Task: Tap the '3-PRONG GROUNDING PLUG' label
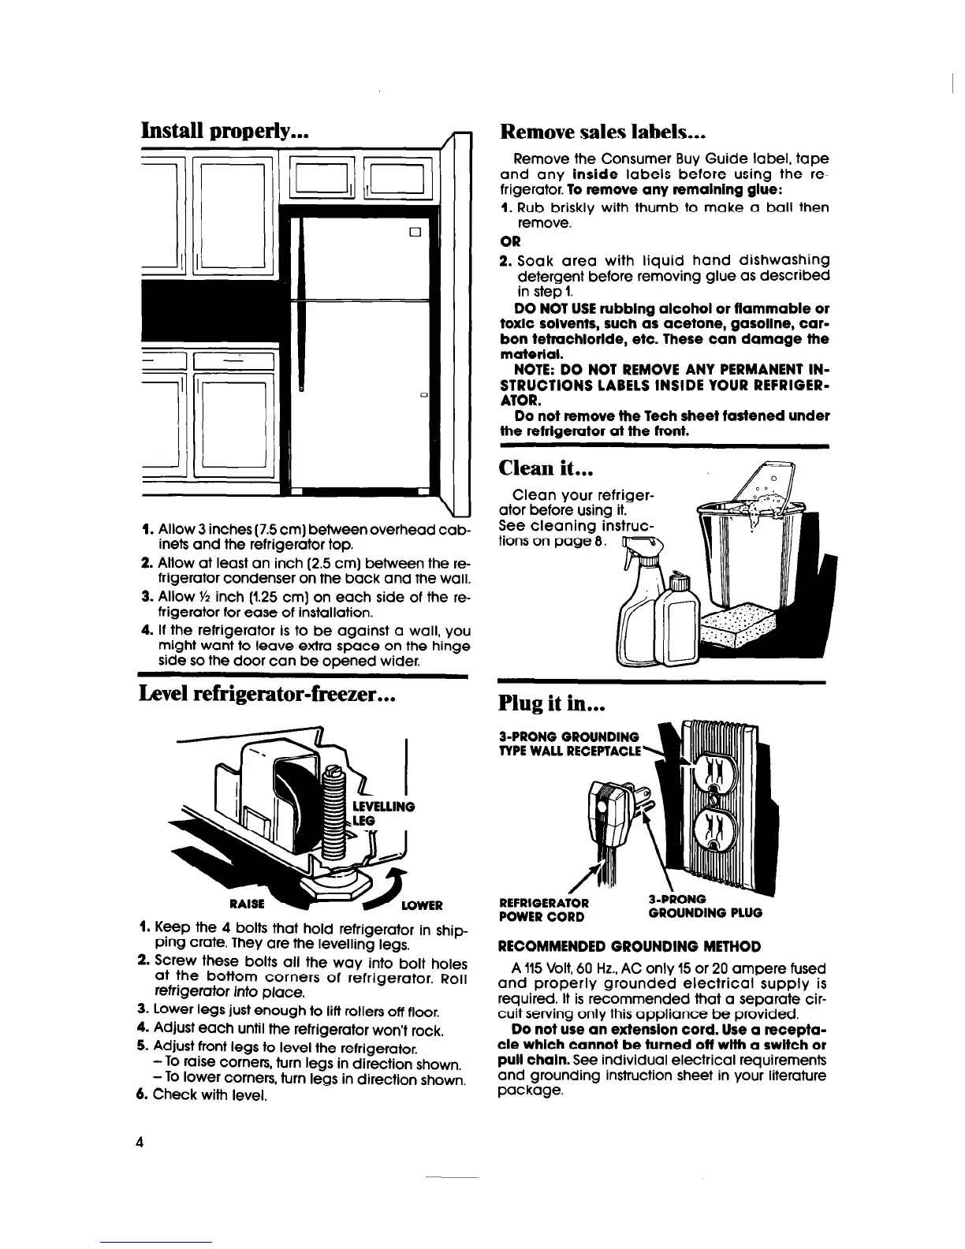[x=704, y=906]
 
